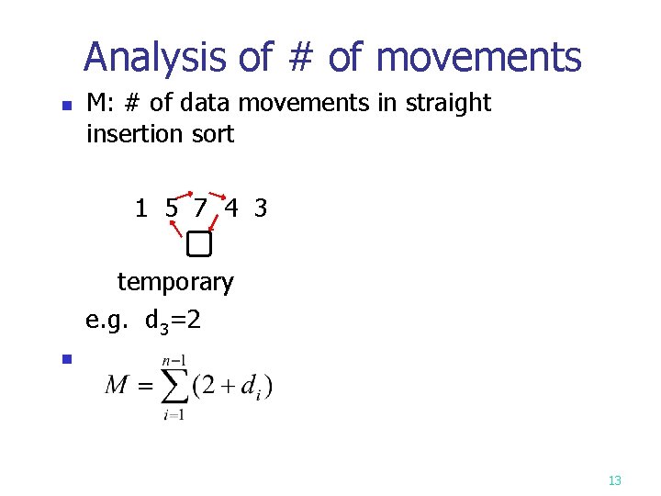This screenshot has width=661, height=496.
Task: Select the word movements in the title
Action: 479,57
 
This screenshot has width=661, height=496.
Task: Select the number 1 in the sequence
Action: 140,209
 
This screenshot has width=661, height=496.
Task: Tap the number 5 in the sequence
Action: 172,209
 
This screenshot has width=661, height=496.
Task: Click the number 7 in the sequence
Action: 200,209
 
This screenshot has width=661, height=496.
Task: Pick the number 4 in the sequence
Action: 231,209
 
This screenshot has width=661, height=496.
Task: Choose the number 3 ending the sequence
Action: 261,209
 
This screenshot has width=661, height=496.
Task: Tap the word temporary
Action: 175,282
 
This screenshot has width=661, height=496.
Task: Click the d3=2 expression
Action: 173,321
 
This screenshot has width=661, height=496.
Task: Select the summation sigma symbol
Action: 173,385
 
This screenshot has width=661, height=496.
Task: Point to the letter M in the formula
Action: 118,385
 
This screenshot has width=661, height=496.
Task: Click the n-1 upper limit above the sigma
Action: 174,361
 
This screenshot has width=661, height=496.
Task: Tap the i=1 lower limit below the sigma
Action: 174,414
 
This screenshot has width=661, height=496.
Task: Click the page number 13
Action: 615,480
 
